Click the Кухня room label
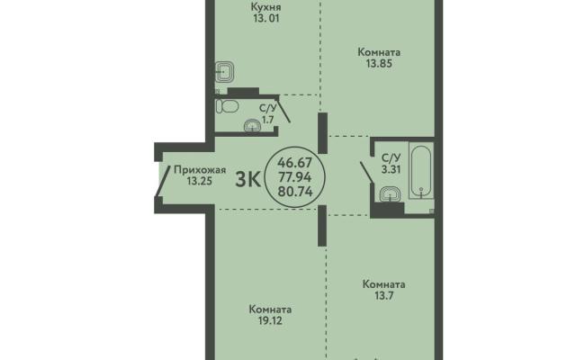266,7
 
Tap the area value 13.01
266,18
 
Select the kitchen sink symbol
224,72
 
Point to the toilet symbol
227,106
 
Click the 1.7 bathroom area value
267,120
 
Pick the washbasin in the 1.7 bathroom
252,126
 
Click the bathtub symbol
421,172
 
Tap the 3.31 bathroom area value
391,170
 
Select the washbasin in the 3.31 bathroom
390,194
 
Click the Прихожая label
200,170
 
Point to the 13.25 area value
200,181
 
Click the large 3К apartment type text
248,180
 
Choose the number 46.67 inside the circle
294,162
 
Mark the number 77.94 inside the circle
295,177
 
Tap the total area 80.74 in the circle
295,192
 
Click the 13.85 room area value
379,64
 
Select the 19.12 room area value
270,321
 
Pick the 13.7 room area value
383,295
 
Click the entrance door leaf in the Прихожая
164,182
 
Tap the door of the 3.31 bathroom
367,172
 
